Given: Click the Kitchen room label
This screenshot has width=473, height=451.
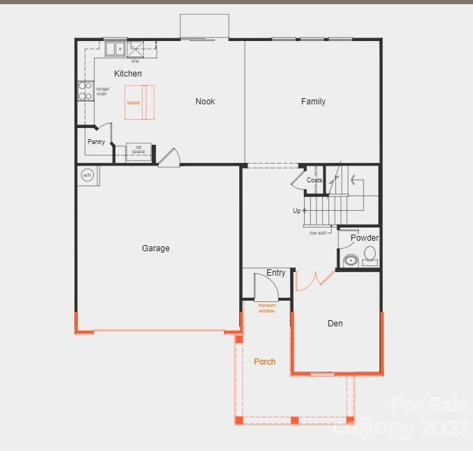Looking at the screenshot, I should tap(128, 74).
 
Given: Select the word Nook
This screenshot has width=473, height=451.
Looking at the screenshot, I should tap(205, 102).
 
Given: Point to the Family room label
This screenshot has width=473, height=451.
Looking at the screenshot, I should tap(313, 102).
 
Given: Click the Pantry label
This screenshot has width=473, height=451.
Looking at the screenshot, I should tap(96, 142).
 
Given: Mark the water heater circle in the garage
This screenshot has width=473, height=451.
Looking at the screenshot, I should tap(88, 175).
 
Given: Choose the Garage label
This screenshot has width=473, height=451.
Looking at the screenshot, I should tap(156, 248).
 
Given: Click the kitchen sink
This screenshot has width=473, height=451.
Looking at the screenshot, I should tap(115, 49).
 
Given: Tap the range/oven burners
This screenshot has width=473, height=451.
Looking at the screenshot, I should tap(85, 91).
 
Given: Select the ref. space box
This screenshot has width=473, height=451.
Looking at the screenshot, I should tap(138, 151).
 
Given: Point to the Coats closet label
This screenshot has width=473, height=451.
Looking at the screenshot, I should tap(314, 180).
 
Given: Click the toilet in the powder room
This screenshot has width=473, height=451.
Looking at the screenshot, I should tap(370, 255).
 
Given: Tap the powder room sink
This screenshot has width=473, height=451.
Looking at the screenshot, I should tap(350, 261).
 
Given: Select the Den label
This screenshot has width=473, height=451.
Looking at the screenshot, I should tap(335, 324).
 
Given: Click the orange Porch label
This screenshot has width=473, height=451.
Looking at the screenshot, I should tap(264, 362).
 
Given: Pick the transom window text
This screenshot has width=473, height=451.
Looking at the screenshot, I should tap(266, 308).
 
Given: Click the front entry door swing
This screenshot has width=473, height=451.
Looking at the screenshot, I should tap(265, 286).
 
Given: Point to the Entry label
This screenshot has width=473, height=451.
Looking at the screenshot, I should tap(276, 273).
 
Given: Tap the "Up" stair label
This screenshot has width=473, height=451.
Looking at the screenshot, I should tap(297, 210).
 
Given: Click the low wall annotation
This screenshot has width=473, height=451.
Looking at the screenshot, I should tap(317, 233).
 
